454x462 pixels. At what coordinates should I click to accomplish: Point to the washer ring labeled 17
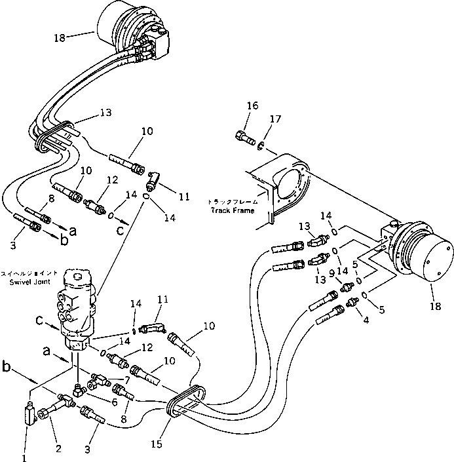click(261, 145)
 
